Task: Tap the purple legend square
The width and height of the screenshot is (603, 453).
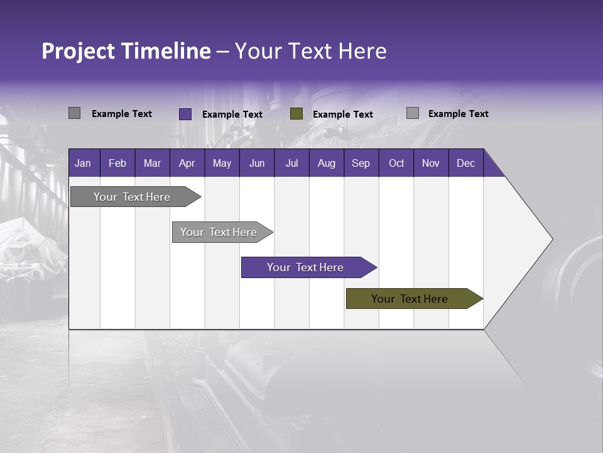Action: click(x=185, y=114)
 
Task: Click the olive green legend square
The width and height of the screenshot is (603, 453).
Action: click(x=296, y=114)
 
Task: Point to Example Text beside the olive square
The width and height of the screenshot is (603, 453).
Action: click(x=342, y=115)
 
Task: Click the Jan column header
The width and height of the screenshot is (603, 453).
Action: click(x=83, y=163)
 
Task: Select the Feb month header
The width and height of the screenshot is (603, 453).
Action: click(x=117, y=163)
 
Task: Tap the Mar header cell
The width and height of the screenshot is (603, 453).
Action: click(x=152, y=163)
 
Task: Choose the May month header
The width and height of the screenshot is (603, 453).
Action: click(x=222, y=163)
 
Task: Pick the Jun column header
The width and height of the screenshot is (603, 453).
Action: click(x=257, y=163)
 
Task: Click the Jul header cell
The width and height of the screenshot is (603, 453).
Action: click(x=291, y=163)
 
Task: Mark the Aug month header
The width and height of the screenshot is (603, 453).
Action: click(x=326, y=163)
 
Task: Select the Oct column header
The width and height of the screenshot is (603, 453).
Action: click(x=396, y=163)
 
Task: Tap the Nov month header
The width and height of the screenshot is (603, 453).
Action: click(x=431, y=163)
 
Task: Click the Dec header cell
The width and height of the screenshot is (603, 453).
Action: click(x=465, y=163)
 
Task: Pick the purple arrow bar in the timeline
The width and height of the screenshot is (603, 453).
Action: click(x=306, y=267)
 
